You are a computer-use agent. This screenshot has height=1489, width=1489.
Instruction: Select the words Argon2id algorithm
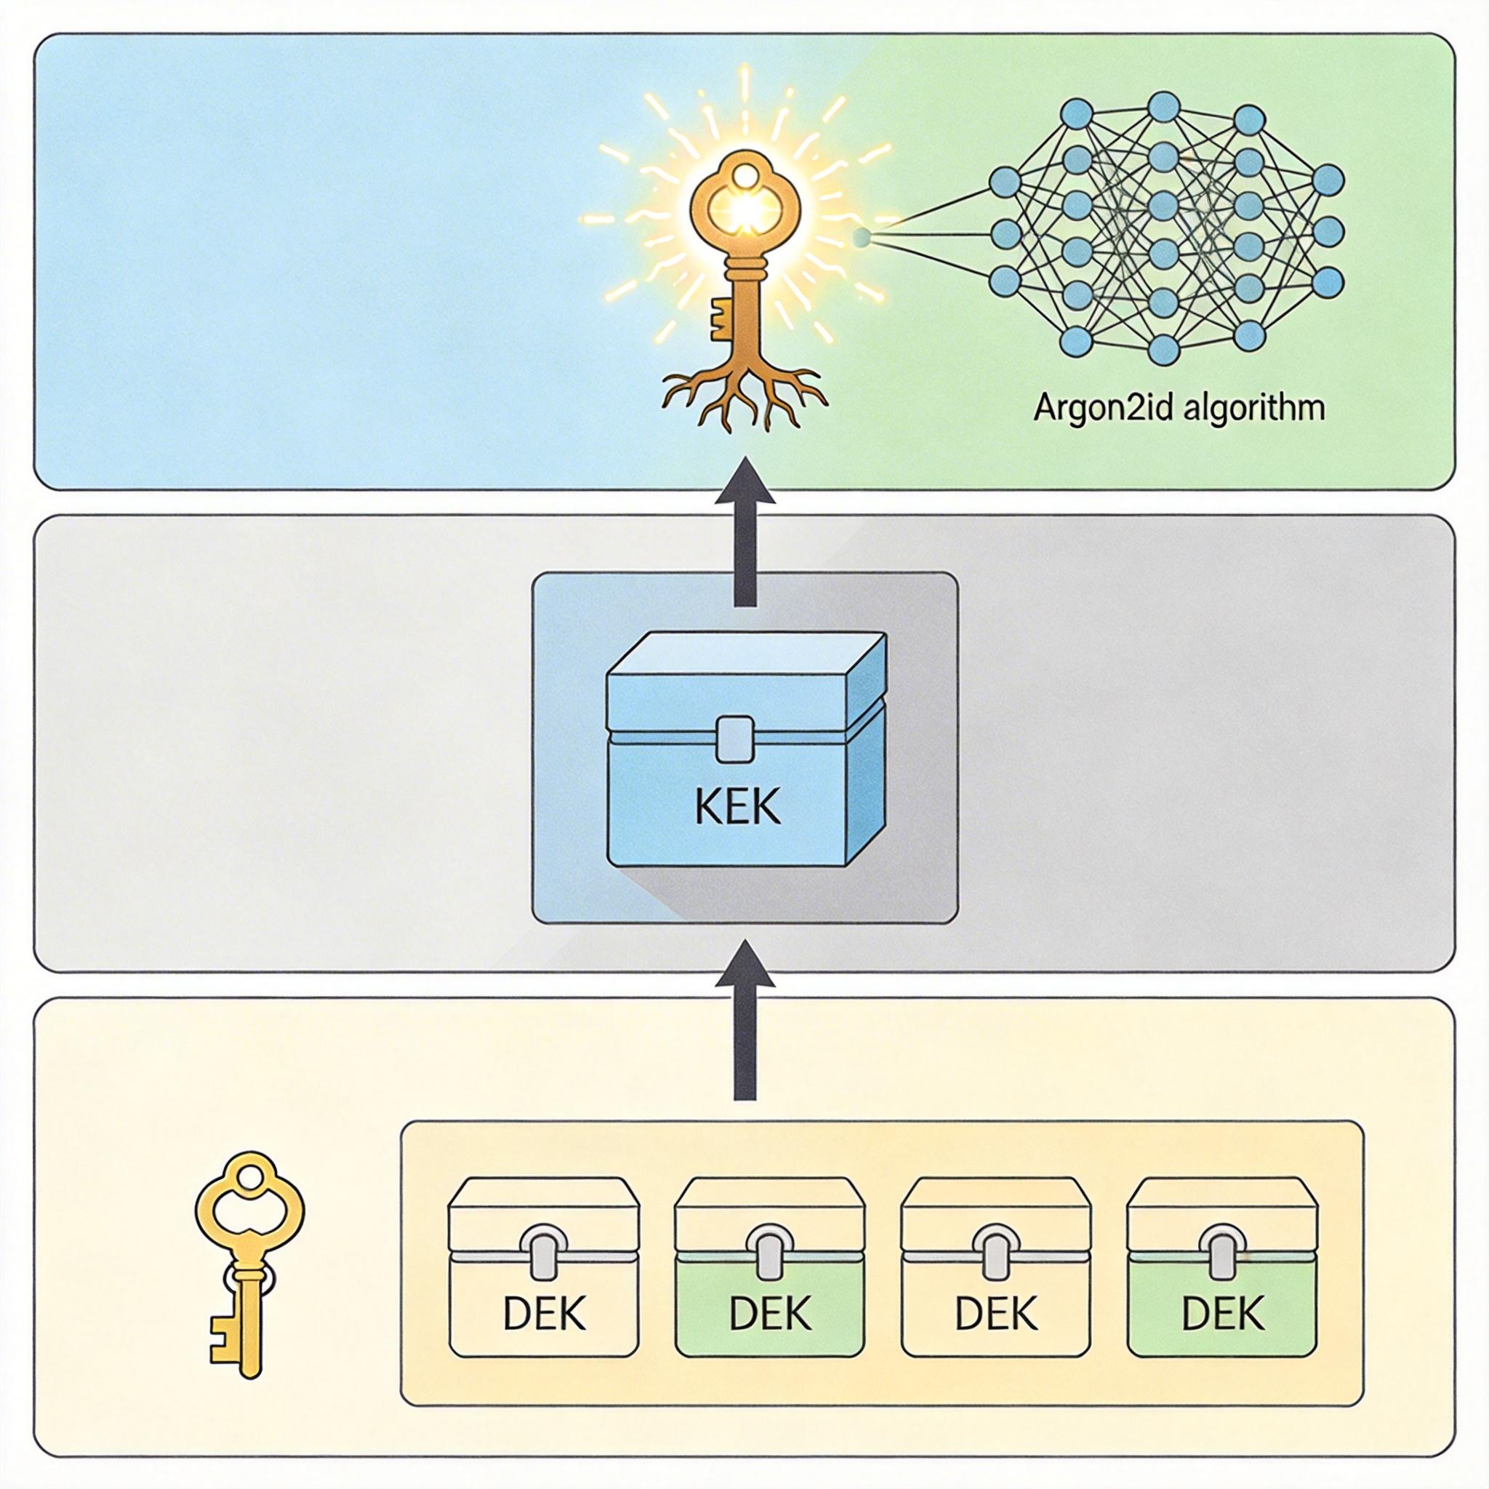(1179, 407)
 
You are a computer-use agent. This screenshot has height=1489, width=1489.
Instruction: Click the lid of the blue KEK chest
(746, 678)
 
